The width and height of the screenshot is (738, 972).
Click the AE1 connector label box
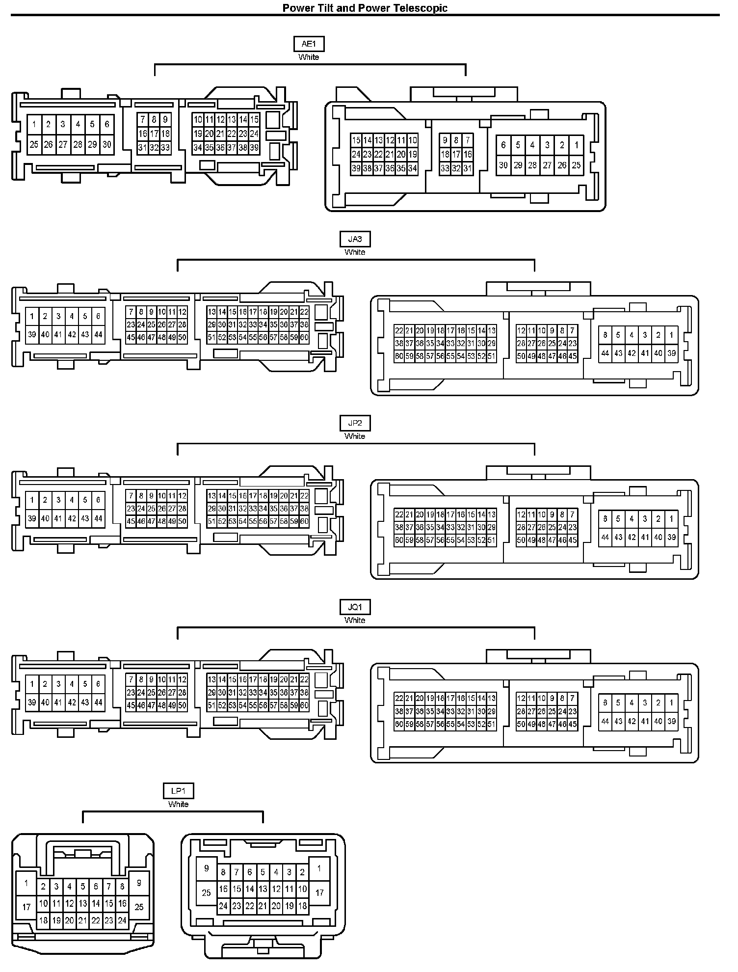pyautogui.click(x=309, y=44)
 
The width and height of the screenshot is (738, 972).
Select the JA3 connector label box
pyautogui.click(x=355, y=239)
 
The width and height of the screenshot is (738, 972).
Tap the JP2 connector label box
pyautogui.click(x=355, y=423)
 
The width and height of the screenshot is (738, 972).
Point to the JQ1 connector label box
pyautogui.click(x=355, y=607)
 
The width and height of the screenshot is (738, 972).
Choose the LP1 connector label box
pyautogui.click(x=178, y=791)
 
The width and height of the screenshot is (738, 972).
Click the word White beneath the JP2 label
pyautogui.click(x=355, y=436)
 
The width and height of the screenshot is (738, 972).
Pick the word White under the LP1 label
pyautogui.click(x=178, y=804)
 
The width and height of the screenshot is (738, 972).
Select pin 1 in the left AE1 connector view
pyautogui.click(x=34, y=125)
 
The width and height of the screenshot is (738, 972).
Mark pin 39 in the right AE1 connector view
pyautogui.click(x=356, y=168)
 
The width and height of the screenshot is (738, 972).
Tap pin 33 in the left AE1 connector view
pyautogui.click(x=165, y=147)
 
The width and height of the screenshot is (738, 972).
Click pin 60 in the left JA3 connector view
pyautogui.click(x=304, y=337)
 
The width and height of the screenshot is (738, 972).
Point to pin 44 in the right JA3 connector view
pyautogui.click(x=605, y=353)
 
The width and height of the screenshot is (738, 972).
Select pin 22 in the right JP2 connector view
pyautogui.click(x=399, y=514)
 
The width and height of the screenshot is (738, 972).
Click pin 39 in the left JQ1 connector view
pyautogui.click(x=32, y=702)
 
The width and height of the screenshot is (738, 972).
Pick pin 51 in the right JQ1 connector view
pyautogui.click(x=492, y=725)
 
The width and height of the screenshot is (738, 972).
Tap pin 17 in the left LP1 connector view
pyautogui.click(x=26, y=907)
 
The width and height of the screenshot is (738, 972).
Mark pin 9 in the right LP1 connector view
pyautogui.click(x=207, y=868)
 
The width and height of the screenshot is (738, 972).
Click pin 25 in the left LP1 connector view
pyautogui.click(x=139, y=907)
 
